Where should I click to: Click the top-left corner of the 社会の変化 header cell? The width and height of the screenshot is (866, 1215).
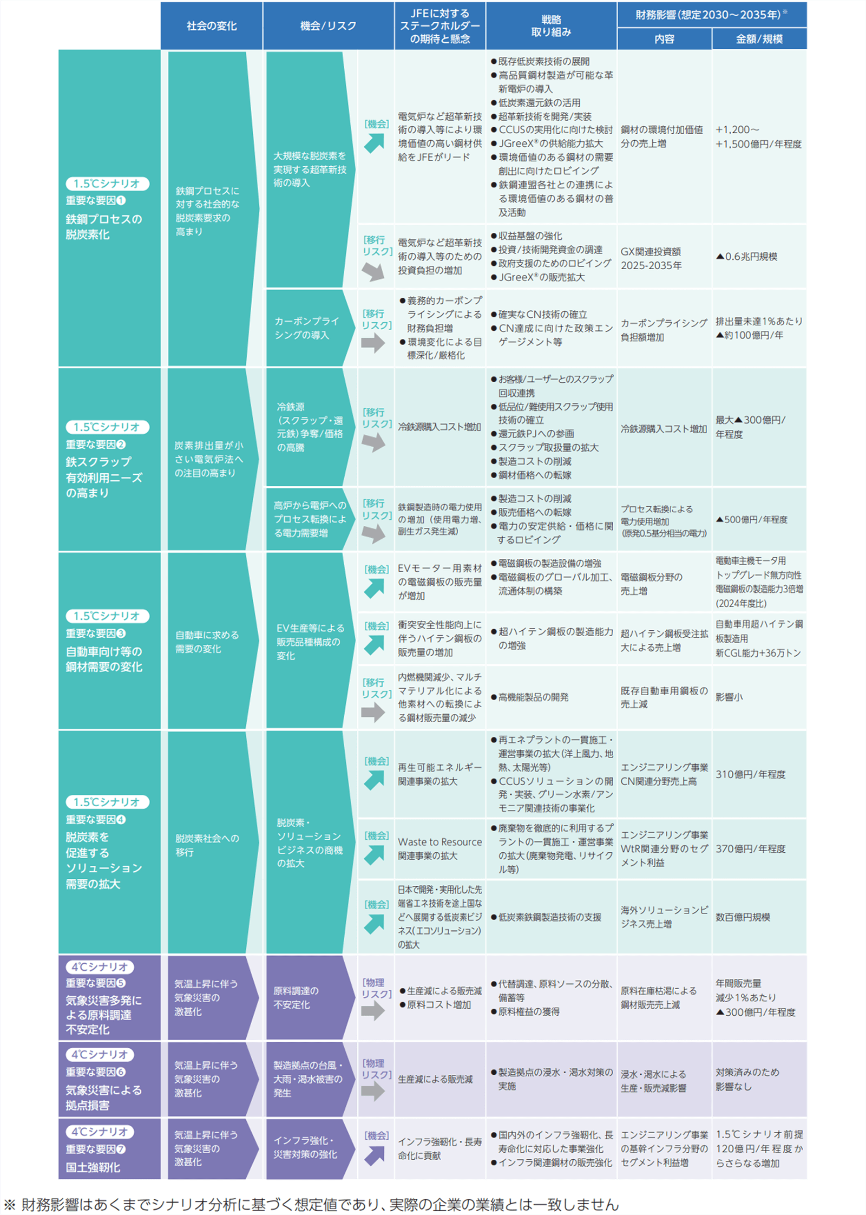tap(161, 3)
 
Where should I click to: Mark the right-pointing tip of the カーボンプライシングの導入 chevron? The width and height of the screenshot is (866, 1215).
tap(355, 328)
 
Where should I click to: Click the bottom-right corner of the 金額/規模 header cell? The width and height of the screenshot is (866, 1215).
tap(806, 49)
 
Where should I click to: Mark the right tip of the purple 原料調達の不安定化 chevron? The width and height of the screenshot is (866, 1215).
tap(355, 998)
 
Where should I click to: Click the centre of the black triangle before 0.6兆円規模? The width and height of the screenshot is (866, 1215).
tap(720, 256)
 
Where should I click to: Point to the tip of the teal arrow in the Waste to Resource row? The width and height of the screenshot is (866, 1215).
tap(384, 846)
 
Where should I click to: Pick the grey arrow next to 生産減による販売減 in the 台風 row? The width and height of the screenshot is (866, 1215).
tap(373, 1091)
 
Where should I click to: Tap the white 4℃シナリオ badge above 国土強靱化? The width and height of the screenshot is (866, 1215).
tap(100, 1132)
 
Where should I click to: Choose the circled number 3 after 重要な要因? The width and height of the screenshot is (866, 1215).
tap(121, 633)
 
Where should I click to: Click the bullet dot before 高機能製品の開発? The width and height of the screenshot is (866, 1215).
tap(494, 697)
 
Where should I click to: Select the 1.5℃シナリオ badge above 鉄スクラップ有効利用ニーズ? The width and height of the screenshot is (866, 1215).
tap(107, 427)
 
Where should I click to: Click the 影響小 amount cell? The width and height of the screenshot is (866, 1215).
tap(729, 697)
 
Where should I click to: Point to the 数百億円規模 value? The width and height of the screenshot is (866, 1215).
tap(743, 917)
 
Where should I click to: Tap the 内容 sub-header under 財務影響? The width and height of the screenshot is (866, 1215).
tap(664, 39)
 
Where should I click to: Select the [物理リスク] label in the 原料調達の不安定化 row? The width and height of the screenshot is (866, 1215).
tap(377, 988)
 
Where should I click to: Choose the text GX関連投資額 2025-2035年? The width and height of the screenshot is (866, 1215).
tap(651, 258)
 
